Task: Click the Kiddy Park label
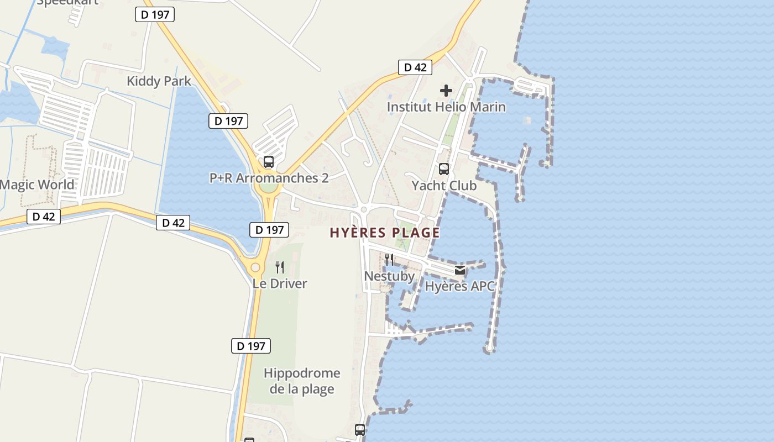pyautogui.click(x=159, y=81)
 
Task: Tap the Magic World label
pyautogui.click(x=37, y=185)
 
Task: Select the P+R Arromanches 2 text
pyautogui.click(x=269, y=178)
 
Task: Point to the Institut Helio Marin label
pyautogui.click(x=446, y=107)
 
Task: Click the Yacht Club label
pyautogui.click(x=444, y=186)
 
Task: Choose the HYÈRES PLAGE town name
pyautogui.click(x=385, y=233)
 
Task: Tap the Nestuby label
pyautogui.click(x=389, y=276)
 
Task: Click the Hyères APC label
pyautogui.click(x=459, y=286)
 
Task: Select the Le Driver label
pyautogui.click(x=280, y=283)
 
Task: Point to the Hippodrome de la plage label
pyautogui.click(x=302, y=381)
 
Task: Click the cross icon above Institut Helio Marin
pyautogui.click(x=446, y=91)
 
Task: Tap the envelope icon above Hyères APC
pyautogui.click(x=459, y=270)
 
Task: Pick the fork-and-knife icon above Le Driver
pyautogui.click(x=280, y=267)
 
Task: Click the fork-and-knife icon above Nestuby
pyautogui.click(x=389, y=260)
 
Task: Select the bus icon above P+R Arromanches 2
pyautogui.click(x=269, y=162)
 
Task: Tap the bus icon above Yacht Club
pyautogui.click(x=444, y=169)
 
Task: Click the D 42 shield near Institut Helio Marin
pyautogui.click(x=415, y=67)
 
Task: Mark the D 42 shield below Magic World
pyautogui.click(x=44, y=217)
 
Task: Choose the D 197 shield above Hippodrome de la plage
pyautogui.click(x=251, y=346)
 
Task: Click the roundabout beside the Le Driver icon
pyautogui.click(x=255, y=268)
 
